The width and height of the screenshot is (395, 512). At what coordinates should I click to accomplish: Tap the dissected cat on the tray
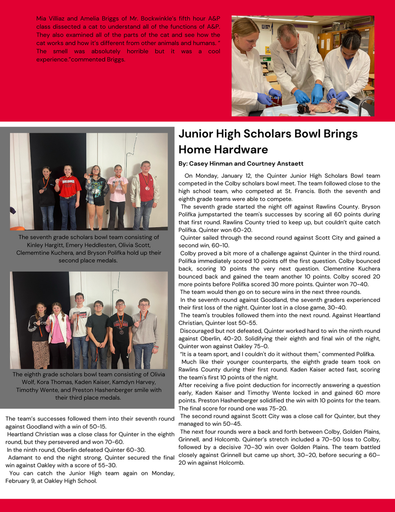click(x=324, y=106)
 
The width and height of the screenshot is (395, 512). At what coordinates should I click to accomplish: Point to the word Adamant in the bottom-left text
click(x=22, y=457)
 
